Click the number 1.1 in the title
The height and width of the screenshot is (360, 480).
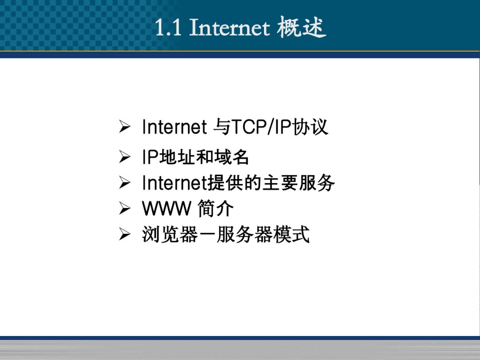click(x=168, y=28)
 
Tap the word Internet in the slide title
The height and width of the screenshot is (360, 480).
click(x=230, y=28)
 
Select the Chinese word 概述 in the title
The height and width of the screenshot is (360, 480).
click(x=302, y=28)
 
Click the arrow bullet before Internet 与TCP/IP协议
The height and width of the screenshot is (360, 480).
click(x=125, y=127)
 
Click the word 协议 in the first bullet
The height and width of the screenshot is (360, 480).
click(x=310, y=127)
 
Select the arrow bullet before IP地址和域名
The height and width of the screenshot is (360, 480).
click(x=125, y=157)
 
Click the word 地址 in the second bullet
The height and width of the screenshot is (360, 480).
click(x=177, y=157)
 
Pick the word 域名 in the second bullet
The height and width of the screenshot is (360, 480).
click(x=231, y=157)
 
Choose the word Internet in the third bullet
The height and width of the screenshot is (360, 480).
click(x=175, y=183)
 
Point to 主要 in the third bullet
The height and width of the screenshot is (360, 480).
click(x=280, y=183)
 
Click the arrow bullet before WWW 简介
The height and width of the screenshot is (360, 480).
click(x=125, y=208)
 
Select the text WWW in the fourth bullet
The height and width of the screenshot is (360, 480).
click(x=167, y=209)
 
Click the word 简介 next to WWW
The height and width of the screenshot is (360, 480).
click(x=216, y=209)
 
